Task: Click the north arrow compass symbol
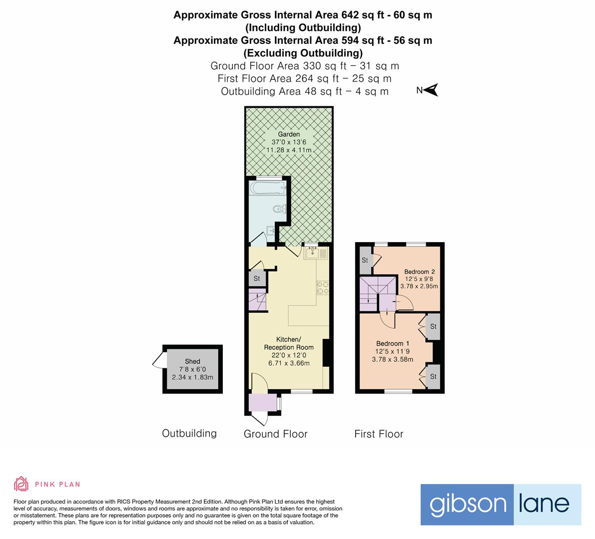coord(431,90)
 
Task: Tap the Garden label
coord(289,134)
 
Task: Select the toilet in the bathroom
coord(278,209)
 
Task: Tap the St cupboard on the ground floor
coord(257,278)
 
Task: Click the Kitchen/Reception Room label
coord(289,343)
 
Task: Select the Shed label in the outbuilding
coord(192,361)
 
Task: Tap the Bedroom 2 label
coord(419,272)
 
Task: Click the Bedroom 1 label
coord(393,343)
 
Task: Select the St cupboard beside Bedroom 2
coord(365,261)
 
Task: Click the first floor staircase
coord(373,294)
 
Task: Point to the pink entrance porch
coord(262,402)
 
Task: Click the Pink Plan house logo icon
coord(21,484)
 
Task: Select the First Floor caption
coord(379,434)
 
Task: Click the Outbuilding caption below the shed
coord(189,433)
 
